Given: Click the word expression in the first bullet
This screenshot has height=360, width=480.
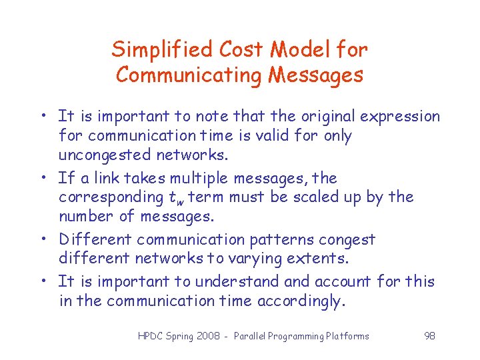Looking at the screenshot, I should [400, 117].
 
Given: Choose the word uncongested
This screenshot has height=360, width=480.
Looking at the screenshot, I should [103, 155].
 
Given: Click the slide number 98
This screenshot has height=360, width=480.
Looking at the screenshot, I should [429, 336].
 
